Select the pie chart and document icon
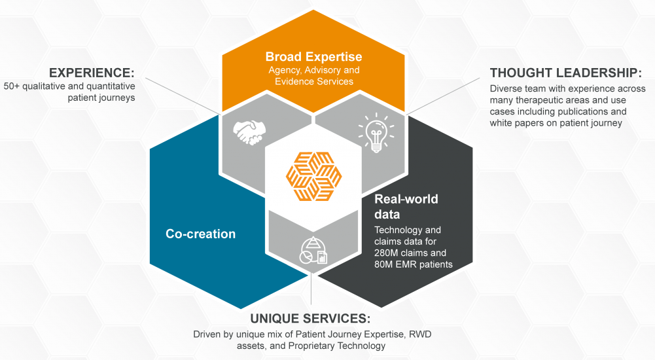(313, 250)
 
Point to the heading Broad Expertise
(313, 56)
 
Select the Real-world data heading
(406, 206)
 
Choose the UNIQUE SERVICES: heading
(310, 319)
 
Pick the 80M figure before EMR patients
(387, 264)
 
